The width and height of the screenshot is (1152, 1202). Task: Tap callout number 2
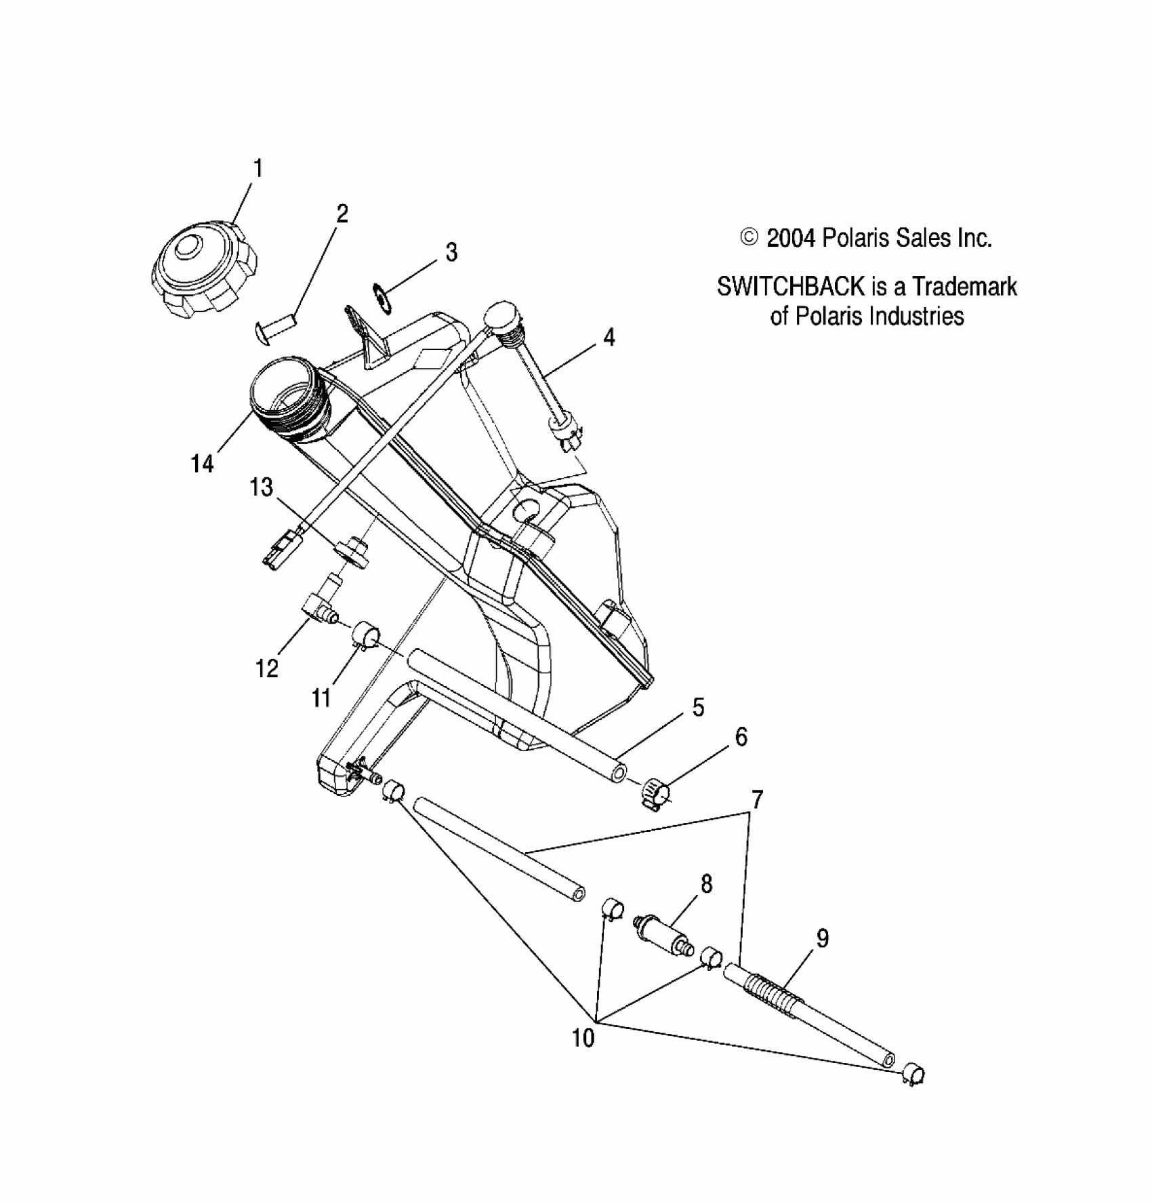pyautogui.click(x=342, y=214)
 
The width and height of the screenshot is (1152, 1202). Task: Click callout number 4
pyautogui.click(x=609, y=337)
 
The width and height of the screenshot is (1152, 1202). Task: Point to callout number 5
pyautogui.click(x=698, y=707)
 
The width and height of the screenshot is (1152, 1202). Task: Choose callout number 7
pyautogui.click(x=757, y=801)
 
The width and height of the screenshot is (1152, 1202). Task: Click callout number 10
pyautogui.click(x=583, y=1038)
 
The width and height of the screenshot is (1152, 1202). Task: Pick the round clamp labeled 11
pyautogui.click(x=365, y=636)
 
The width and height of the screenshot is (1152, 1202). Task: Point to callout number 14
pyautogui.click(x=202, y=464)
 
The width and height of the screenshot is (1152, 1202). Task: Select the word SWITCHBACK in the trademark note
pyautogui.click(x=790, y=287)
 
